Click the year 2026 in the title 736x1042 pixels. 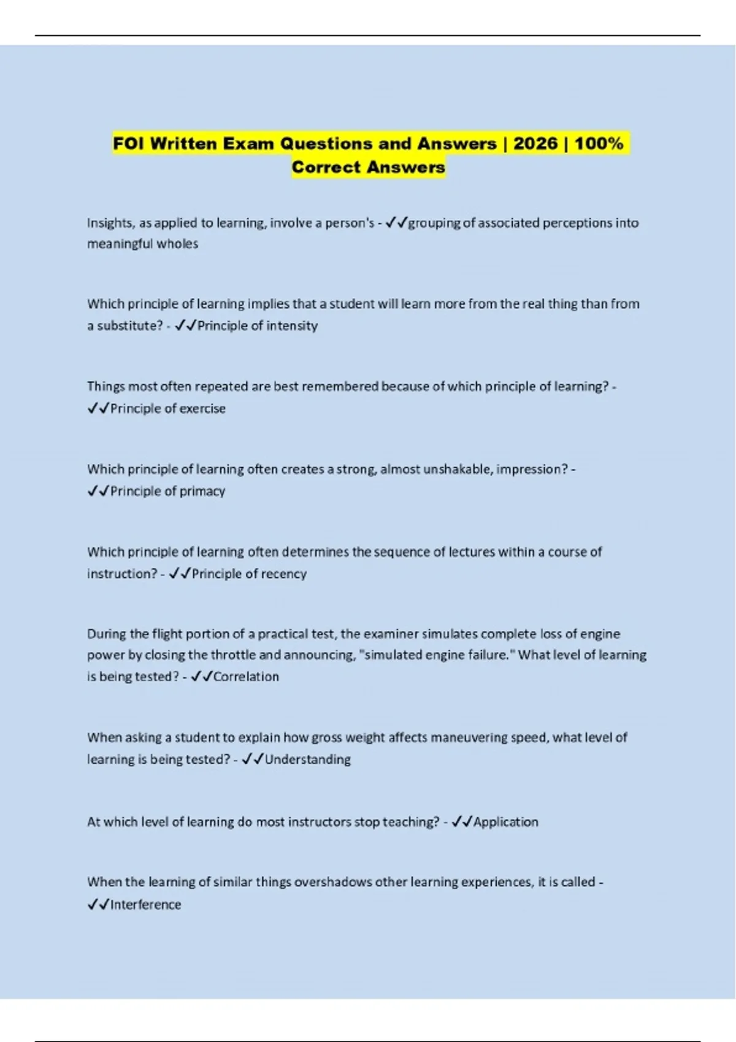535,143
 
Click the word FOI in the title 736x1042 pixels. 129,143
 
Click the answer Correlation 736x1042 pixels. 246,677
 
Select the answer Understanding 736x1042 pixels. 308,759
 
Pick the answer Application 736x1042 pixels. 506,822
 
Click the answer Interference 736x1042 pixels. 145,905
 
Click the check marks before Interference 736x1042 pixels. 98,905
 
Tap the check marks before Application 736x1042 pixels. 462,822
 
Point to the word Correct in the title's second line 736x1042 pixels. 324,167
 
